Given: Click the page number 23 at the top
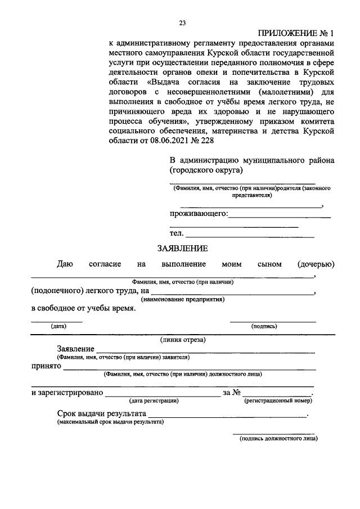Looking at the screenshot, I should click(182, 23).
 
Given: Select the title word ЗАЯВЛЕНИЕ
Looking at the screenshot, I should click(182, 248).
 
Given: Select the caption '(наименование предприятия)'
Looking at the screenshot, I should click(183, 300).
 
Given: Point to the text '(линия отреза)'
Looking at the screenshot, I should click(183, 339).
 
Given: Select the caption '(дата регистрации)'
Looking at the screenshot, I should click(154, 400).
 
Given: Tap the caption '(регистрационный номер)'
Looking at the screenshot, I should click(278, 400).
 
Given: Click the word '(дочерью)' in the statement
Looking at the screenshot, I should click(316, 264).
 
